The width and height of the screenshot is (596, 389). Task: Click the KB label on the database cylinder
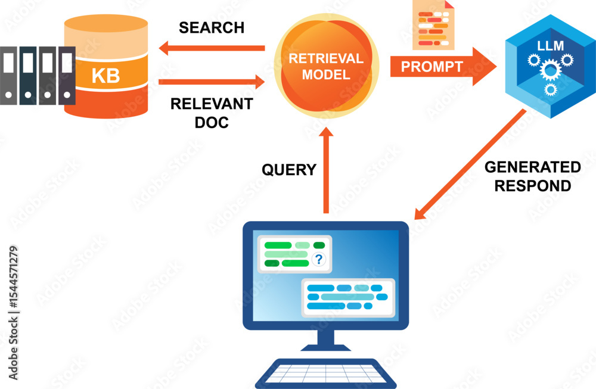(105, 76)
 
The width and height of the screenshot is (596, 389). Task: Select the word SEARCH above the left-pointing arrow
(212, 27)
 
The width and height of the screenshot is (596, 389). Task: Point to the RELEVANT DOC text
(212, 113)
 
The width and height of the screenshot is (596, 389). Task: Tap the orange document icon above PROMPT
(433, 26)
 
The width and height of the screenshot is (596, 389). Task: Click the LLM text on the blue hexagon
(550, 45)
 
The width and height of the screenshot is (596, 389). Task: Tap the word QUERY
(289, 170)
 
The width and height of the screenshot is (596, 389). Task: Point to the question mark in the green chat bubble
(319, 259)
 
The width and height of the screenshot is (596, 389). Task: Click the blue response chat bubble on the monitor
(348, 297)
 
